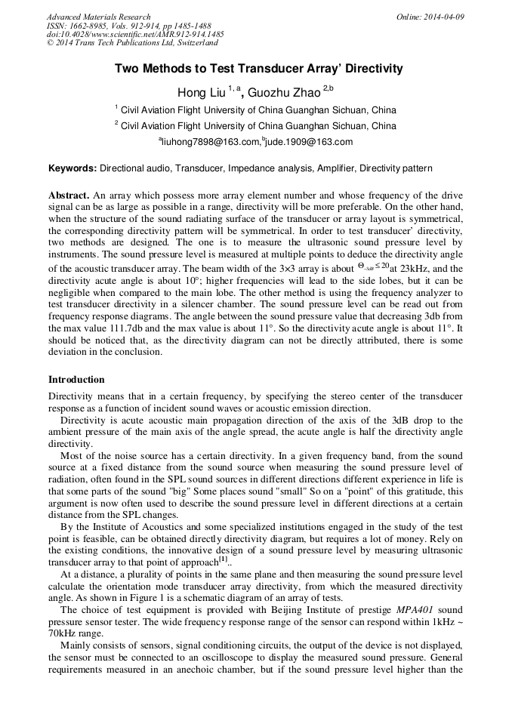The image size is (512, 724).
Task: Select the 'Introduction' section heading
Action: pyautogui.click(x=76, y=380)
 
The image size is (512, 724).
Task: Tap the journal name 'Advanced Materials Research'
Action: pyautogui.click(x=98, y=17)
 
